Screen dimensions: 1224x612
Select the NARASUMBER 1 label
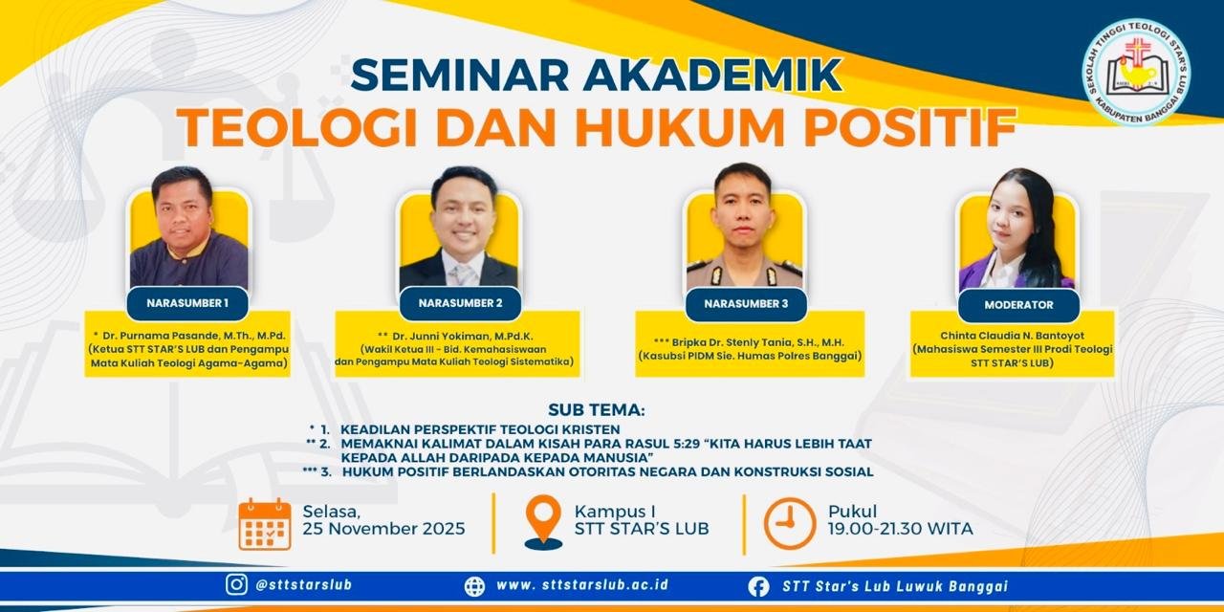(x=187, y=303)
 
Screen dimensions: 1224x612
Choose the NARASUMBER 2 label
(x=460, y=303)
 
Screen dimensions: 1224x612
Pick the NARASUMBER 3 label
(x=746, y=304)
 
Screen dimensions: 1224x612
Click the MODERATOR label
(x=1018, y=305)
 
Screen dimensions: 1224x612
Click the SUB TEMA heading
(x=596, y=410)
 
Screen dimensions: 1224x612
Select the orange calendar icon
(x=265, y=524)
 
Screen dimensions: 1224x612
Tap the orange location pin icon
(x=543, y=522)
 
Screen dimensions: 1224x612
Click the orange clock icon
(x=789, y=523)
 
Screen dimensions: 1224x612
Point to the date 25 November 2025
(x=383, y=529)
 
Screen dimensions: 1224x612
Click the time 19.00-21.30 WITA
(x=900, y=529)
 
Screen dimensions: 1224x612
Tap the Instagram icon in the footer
(x=236, y=584)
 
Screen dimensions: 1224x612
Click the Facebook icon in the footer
(x=758, y=587)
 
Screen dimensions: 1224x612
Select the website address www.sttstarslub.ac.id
(x=582, y=584)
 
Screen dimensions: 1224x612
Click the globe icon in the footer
(x=474, y=586)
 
